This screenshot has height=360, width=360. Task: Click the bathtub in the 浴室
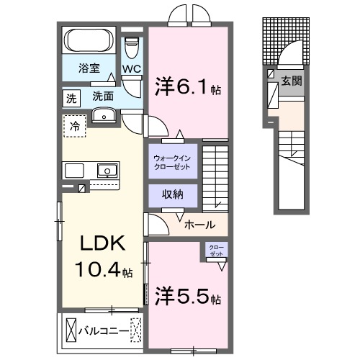[90, 39]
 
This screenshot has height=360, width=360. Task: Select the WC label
[131, 69]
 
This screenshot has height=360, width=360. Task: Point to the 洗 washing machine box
[71, 96]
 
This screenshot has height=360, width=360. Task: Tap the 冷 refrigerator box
[75, 126]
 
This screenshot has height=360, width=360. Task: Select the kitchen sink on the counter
[106, 171]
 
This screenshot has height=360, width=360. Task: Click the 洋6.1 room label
[185, 86]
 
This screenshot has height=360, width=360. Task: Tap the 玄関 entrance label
[291, 81]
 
